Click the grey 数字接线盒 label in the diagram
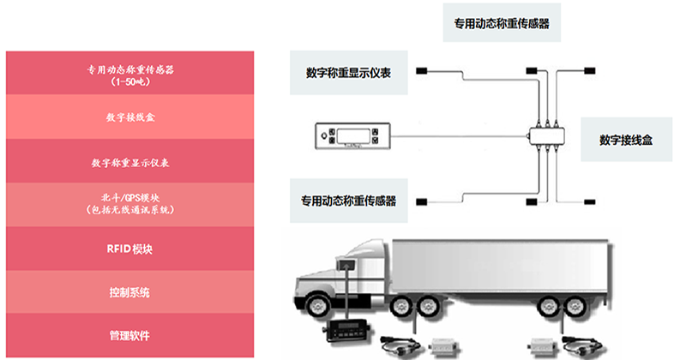626,139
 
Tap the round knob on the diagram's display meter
325,135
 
